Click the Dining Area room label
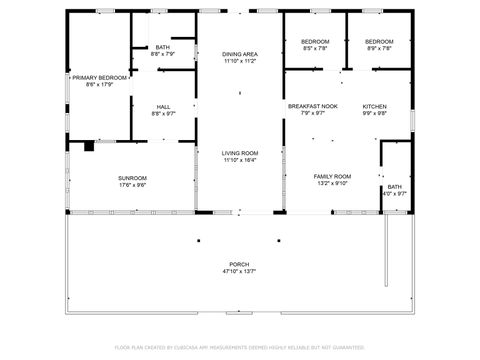coord(239,54)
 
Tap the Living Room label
coord(239,153)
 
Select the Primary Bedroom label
coord(99,77)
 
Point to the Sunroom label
coord(133,177)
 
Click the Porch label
coord(239,264)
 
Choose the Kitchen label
coord(374,106)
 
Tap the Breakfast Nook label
coord(313,106)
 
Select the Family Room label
coord(333,176)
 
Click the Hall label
coord(163,106)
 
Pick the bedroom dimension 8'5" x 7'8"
coord(314,48)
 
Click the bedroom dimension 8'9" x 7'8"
coord(379,48)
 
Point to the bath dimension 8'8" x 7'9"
coord(163,54)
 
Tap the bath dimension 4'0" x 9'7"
coord(396,194)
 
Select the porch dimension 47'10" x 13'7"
coord(239,271)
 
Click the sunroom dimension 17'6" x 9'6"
coord(133,184)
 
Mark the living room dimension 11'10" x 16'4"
coord(239,160)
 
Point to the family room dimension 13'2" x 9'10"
coord(333,183)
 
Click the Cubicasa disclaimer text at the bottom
coord(239,347)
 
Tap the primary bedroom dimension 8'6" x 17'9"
coord(99,84)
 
